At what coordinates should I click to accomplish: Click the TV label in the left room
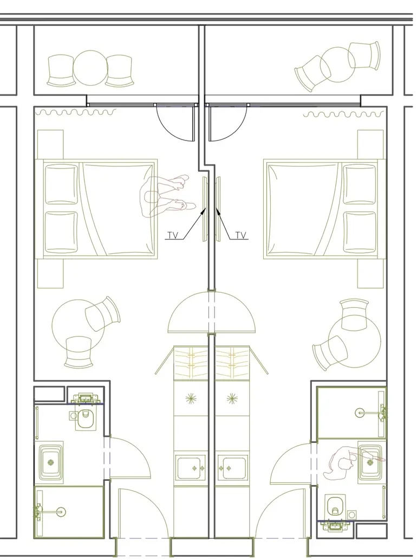[173, 235]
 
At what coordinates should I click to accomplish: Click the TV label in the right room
[241, 235]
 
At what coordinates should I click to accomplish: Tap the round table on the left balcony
[90, 68]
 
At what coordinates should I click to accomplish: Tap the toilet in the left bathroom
[85, 419]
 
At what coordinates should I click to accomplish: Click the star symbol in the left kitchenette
[191, 398]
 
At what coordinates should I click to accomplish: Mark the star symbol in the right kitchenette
[232, 398]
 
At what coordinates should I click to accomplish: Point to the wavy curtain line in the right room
[344, 114]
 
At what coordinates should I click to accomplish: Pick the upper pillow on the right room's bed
[359, 184]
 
